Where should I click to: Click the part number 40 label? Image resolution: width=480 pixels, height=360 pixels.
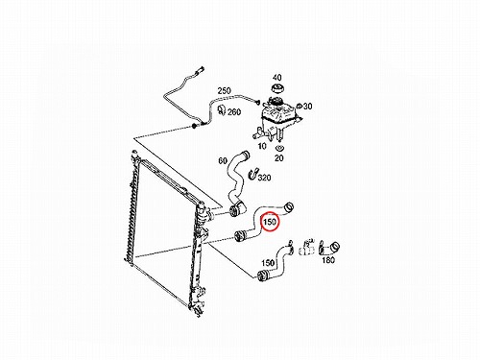point(277,78)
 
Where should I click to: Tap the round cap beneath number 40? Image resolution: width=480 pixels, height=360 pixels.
point(277,88)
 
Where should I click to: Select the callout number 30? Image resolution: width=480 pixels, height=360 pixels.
point(307,107)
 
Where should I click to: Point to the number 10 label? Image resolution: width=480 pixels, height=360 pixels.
point(262,146)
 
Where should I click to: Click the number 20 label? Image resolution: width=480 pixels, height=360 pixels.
point(279,157)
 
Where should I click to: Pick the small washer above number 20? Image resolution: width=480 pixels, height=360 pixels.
point(279,148)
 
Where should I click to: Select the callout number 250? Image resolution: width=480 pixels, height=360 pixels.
point(224,90)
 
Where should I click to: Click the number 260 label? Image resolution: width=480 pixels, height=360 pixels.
point(234,112)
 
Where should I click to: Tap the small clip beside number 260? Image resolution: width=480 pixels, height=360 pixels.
point(222,109)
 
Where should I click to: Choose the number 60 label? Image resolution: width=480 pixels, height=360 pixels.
point(223,160)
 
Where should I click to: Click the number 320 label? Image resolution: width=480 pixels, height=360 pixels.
point(264,178)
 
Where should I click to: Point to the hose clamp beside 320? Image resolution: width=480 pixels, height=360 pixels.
point(252,173)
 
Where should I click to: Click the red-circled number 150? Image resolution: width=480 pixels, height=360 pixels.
point(270,222)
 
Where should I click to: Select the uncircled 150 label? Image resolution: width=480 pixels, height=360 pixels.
point(268,263)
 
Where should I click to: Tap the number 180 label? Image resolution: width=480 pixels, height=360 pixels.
point(328,260)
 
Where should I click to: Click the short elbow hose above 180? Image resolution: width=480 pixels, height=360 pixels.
point(329,248)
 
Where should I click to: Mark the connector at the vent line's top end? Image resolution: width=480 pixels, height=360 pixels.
point(202,69)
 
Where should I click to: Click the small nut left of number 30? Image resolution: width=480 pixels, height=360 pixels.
point(299,106)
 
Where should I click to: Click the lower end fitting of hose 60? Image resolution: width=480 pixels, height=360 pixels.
point(237,210)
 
